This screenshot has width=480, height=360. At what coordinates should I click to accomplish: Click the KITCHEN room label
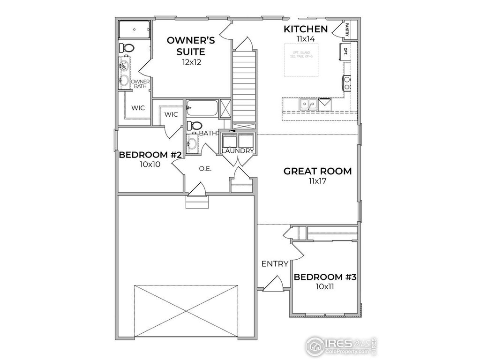click(305, 29)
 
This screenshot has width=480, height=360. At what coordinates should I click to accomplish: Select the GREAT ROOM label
click(317, 171)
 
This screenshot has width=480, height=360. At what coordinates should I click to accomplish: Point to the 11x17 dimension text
click(317, 181)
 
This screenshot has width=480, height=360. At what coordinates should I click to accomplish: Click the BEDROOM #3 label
click(325, 277)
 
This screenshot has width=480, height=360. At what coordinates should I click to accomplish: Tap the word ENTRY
click(275, 264)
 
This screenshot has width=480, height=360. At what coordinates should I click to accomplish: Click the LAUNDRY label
click(238, 151)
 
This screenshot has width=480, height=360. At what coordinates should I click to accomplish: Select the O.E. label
click(205, 169)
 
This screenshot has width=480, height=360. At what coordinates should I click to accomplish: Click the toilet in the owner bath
click(126, 48)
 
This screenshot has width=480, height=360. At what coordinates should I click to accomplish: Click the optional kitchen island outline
click(303, 59)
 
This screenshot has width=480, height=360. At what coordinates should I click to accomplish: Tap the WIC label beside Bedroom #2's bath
click(171, 114)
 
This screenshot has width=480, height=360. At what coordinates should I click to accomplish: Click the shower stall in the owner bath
click(134, 29)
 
